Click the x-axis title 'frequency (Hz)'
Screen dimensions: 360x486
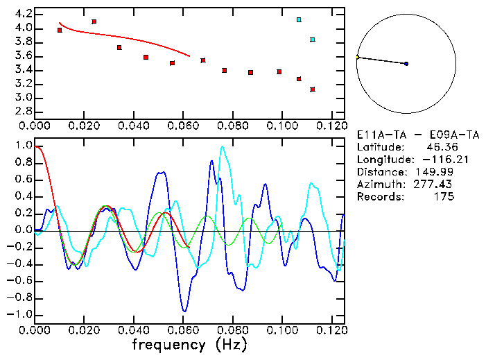pyautogui.click(x=189, y=344)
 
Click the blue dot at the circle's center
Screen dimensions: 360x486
pyautogui.click(x=406, y=64)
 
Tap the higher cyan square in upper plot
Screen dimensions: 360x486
pyautogui.click(x=299, y=19)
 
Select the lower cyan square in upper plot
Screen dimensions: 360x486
pyautogui.click(x=313, y=40)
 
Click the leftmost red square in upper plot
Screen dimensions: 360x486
pyautogui.click(x=60, y=30)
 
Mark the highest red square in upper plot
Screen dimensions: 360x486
pyautogui.click(x=94, y=22)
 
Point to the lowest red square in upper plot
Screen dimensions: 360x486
pyautogui.click(x=313, y=89)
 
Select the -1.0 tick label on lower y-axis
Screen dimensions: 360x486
pyautogui.click(x=21, y=314)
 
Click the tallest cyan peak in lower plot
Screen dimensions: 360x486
pyautogui.click(x=222, y=146)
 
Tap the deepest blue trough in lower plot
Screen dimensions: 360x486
pyautogui.click(x=184, y=311)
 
